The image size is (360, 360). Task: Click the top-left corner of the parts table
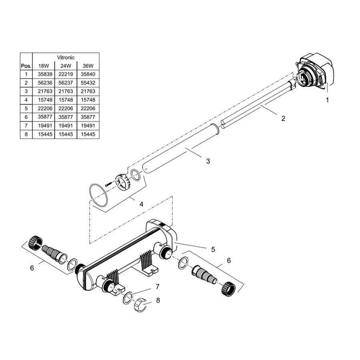pyautogui.click(x=20, y=53)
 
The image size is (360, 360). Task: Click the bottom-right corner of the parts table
pyautogui.click(x=100, y=139)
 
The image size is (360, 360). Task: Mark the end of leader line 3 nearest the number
pyautogui.click(x=202, y=157)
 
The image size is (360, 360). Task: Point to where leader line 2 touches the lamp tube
pyautogui.click(x=260, y=106)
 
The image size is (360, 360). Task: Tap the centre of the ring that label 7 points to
pyautogui.click(x=128, y=298)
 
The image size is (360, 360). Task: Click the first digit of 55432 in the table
pyautogui.click(x=82, y=83)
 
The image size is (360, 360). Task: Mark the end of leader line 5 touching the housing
pyautogui.click(x=174, y=242)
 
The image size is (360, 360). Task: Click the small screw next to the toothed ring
pyautogui.click(x=108, y=184)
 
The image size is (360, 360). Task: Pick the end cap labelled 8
pyautogui.click(x=140, y=305)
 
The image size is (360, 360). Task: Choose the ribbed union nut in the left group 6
pyautogui.click(x=35, y=243)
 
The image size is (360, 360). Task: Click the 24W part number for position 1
pyautogui.click(x=66, y=74)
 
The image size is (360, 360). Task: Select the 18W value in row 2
pyautogui.click(x=45, y=83)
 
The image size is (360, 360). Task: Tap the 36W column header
pyautogui.click(x=88, y=66)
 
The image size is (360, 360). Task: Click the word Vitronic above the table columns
pyautogui.click(x=66, y=57)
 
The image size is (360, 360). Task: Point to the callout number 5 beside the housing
pyautogui.click(x=213, y=249)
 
